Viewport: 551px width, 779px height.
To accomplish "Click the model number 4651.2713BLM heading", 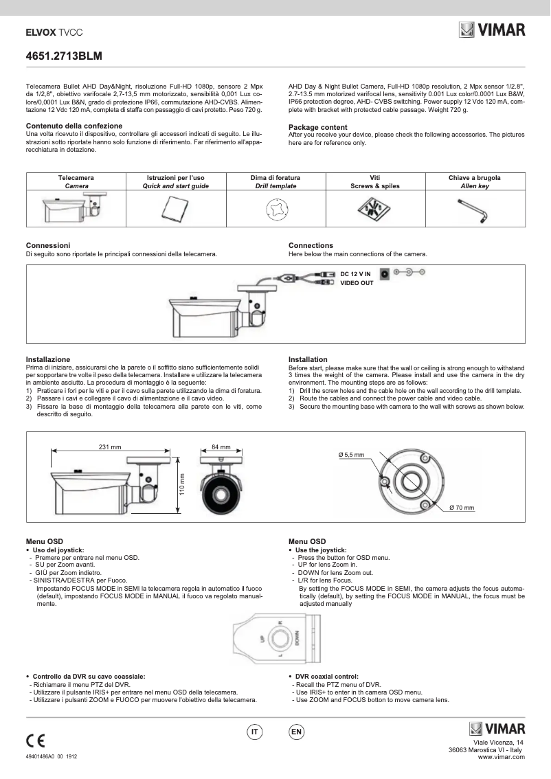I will tap(64, 56).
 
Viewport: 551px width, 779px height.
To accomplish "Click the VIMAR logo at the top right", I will tap(491, 30).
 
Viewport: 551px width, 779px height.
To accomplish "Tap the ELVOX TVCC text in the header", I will tap(54, 32).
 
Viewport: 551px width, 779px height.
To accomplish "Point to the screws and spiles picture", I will tap(374, 207).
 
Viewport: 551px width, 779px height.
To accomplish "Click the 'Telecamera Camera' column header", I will tap(76, 181).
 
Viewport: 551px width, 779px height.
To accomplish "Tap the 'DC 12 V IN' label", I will tap(355, 274).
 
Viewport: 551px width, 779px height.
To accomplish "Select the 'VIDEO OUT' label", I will tap(357, 282).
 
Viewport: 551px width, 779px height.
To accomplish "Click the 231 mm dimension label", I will tap(110, 447).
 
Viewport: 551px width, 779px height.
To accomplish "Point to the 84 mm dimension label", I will tap(221, 447).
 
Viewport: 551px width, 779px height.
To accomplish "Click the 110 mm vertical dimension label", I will tap(183, 486).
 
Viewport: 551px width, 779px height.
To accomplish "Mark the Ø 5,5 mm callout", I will tap(351, 455).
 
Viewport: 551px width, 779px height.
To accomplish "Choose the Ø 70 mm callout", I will tap(462, 507).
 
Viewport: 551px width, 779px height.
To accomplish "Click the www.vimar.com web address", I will tap(501, 756).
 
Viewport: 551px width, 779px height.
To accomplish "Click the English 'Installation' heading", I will tap(308, 359).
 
